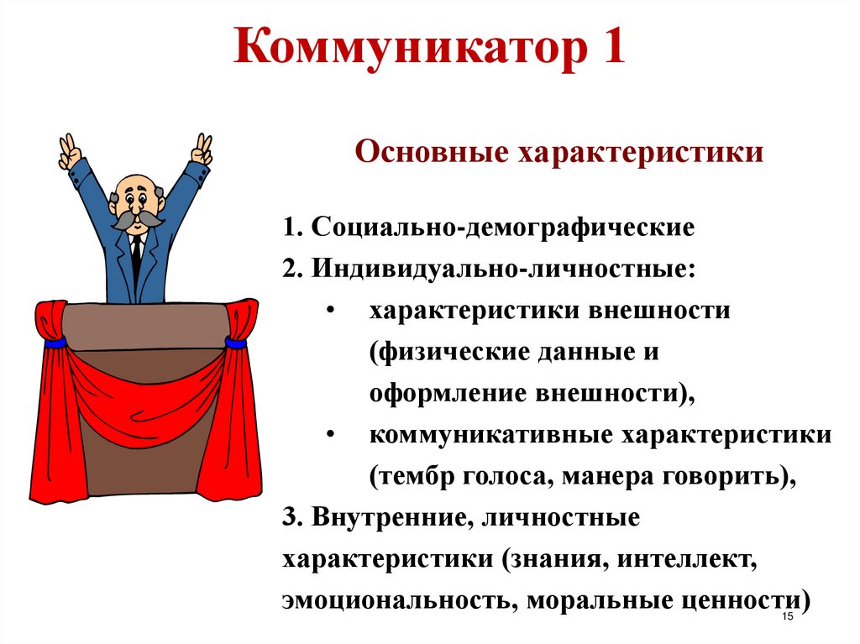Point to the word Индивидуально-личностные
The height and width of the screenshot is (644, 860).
[503, 269]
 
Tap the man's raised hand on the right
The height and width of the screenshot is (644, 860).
[202, 149]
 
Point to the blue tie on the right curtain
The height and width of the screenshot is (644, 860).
[235, 343]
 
